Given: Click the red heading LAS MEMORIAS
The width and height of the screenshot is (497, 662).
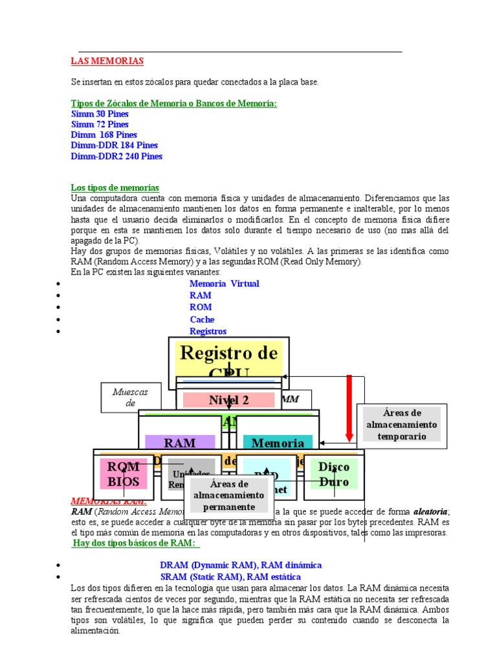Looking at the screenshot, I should point(107,61).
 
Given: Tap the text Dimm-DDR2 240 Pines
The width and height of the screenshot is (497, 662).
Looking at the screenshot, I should point(116,156).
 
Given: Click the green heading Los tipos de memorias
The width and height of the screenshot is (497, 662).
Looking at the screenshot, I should point(115,187).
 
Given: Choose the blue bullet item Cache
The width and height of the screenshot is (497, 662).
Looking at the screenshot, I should point(202,319).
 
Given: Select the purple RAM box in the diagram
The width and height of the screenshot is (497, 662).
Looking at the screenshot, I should point(179,443).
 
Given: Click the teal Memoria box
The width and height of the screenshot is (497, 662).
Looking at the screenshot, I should point(277,443).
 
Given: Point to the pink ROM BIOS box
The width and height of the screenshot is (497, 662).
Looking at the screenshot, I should point(123,474).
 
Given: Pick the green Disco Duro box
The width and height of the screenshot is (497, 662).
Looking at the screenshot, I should point(334,474).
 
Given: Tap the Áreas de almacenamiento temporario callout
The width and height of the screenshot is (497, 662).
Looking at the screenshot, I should point(401,424).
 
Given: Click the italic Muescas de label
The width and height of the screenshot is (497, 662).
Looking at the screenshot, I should point(130,398).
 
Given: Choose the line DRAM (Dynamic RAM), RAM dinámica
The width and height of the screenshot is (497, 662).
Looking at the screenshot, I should point(241,565).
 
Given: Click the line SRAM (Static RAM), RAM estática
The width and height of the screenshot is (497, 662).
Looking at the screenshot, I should point(230,577).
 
